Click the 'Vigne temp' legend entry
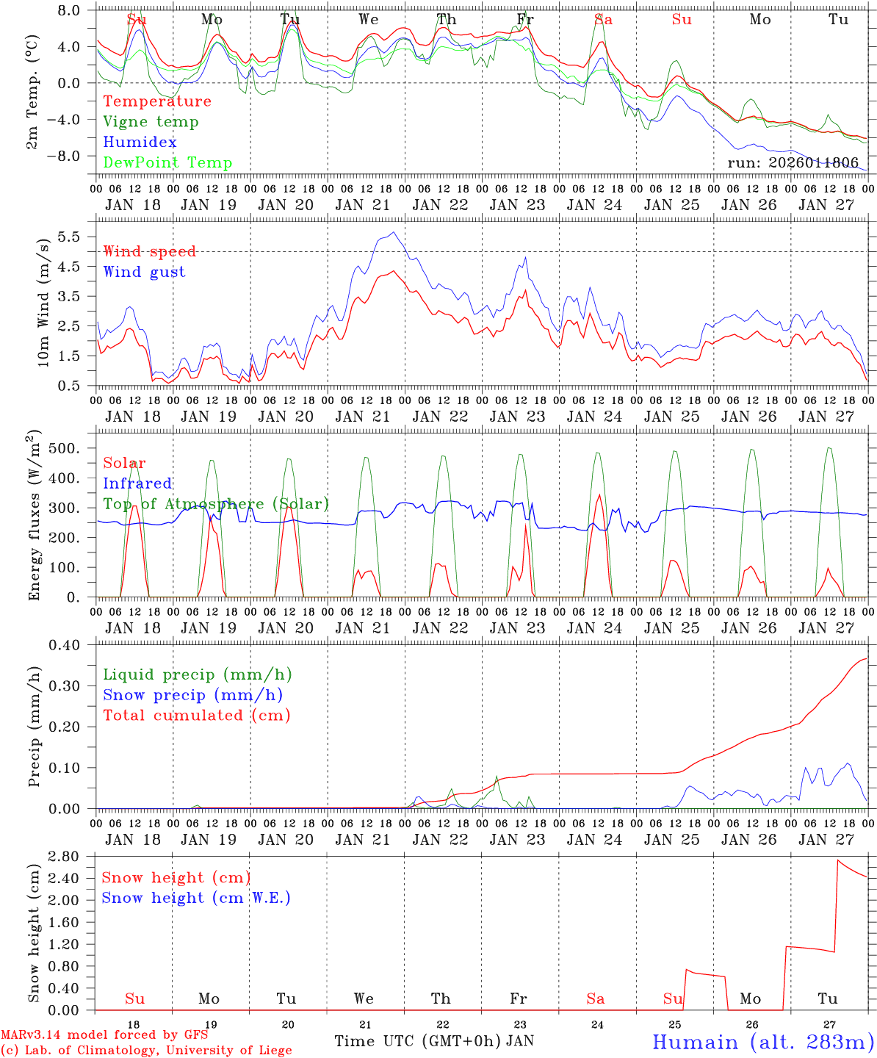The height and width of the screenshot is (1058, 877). click(x=151, y=122)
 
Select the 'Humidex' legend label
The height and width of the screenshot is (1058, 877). click(x=140, y=143)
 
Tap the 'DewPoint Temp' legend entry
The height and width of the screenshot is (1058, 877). click(x=167, y=163)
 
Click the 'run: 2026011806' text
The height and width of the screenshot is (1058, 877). click(x=793, y=162)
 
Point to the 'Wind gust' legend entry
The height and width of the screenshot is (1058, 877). click(x=144, y=272)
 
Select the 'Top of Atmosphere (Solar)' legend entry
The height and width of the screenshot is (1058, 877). click(x=216, y=504)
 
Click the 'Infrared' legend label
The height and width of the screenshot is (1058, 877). click(x=137, y=483)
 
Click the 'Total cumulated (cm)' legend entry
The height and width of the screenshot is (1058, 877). click(x=196, y=716)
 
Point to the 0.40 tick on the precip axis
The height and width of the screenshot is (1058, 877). click(x=73, y=645)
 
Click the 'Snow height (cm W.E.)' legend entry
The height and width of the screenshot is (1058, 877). click(x=196, y=898)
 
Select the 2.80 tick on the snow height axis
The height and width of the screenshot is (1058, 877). click(x=73, y=857)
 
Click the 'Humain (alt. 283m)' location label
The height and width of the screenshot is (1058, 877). click(x=763, y=1042)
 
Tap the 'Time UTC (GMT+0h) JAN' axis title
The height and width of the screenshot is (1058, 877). click(x=433, y=1041)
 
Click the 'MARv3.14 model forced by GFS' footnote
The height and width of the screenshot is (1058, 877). click(x=104, y=1034)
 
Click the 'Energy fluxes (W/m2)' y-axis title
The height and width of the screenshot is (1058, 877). click(x=34, y=517)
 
